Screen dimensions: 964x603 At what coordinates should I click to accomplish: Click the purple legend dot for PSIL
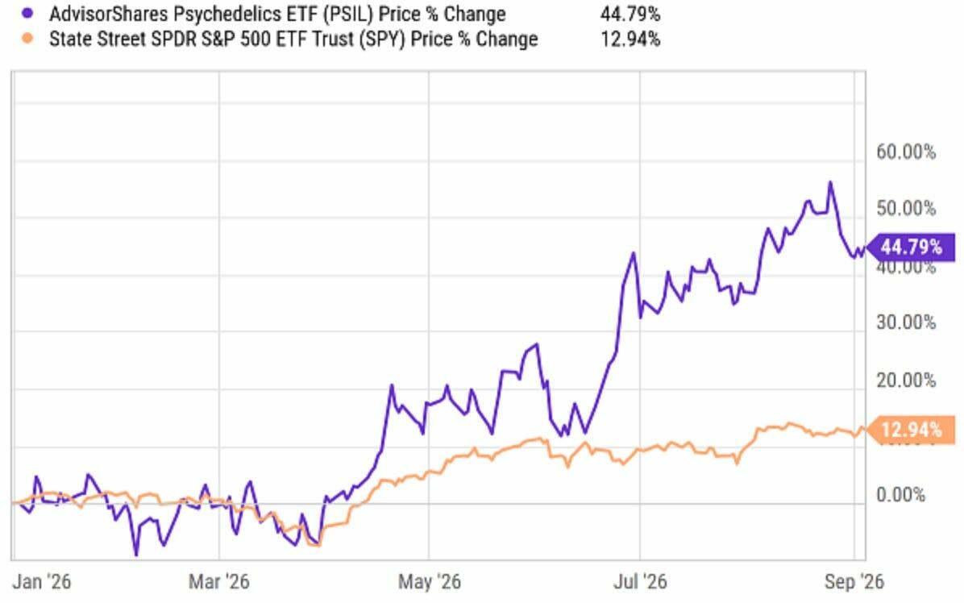(x=27, y=13)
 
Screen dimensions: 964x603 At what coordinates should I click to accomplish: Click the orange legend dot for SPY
(x=27, y=39)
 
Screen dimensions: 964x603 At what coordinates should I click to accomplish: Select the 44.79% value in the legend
(x=630, y=14)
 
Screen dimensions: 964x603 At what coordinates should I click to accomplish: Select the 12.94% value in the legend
(x=630, y=40)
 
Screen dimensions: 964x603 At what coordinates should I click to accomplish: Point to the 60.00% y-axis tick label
(x=906, y=152)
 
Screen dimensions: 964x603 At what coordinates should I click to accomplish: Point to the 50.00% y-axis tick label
(x=906, y=208)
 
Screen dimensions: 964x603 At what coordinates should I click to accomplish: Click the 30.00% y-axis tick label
(x=906, y=322)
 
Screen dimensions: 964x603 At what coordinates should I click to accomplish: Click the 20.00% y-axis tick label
(x=906, y=380)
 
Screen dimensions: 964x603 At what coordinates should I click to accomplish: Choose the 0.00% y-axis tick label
(x=900, y=494)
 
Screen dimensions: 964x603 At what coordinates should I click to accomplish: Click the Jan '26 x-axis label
(x=41, y=581)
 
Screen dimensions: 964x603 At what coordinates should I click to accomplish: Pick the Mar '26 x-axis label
(x=219, y=581)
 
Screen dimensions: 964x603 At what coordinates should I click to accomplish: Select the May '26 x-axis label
(x=429, y=581)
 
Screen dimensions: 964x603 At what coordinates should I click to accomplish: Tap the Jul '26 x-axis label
(x=639, y=581)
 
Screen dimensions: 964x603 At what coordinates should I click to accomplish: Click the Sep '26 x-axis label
(x=854, y=581)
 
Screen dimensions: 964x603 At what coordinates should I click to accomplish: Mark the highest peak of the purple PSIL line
(x=830, y=182)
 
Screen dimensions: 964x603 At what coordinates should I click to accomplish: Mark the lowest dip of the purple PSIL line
(x=136, y=555)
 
